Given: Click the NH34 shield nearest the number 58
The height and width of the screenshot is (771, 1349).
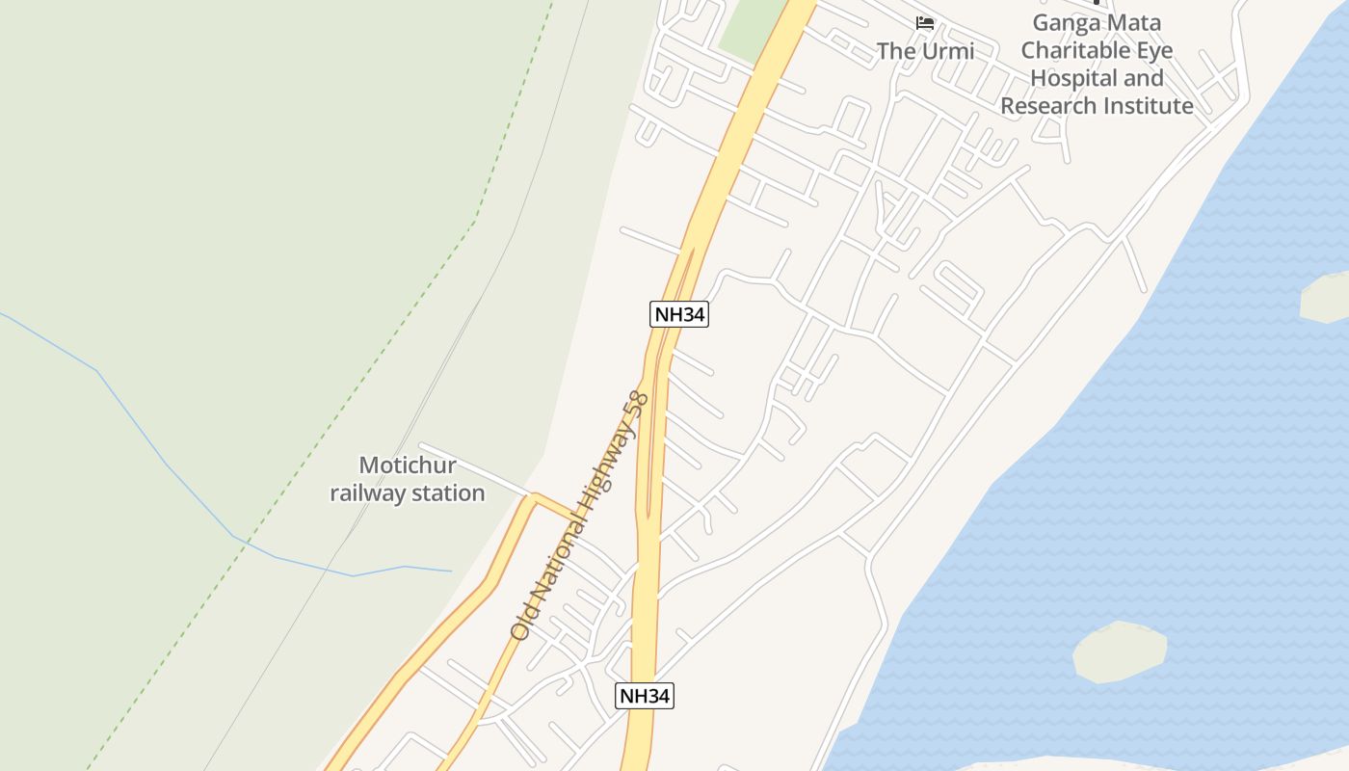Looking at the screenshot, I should point(679,314).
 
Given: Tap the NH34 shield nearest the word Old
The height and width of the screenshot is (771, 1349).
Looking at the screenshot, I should point(645,696).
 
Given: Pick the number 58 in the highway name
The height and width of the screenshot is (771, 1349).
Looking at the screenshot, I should point(636,401).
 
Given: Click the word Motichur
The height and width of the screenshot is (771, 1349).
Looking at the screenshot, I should point(407,465).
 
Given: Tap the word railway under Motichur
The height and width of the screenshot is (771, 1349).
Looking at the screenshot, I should point(365,493).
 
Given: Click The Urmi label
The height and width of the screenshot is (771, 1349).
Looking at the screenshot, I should point(925,51).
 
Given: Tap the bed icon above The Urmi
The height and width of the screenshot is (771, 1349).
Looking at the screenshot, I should point(925,22).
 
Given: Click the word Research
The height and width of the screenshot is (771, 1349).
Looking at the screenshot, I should point(1049,106).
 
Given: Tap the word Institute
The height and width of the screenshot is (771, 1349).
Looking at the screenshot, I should point(1149,106).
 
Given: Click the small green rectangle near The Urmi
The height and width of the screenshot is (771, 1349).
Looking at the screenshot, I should point(752,29).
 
